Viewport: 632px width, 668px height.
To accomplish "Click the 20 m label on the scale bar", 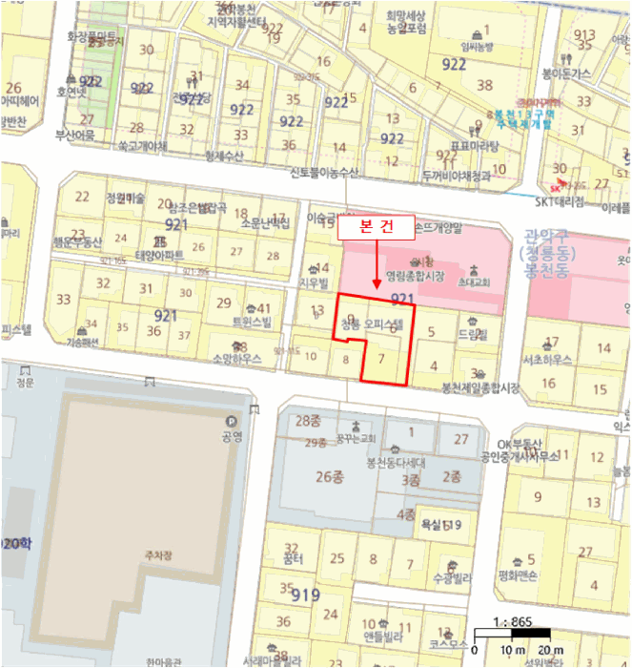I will coord(551,651).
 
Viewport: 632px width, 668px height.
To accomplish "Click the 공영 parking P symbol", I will coord(230,423).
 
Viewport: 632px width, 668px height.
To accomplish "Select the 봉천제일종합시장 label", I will coord(480,388).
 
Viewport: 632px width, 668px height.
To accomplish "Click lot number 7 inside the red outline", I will coord(381,358).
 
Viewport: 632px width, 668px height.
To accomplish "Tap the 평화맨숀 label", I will coord(519,575).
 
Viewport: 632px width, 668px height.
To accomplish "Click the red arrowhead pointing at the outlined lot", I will coord(378,284).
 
